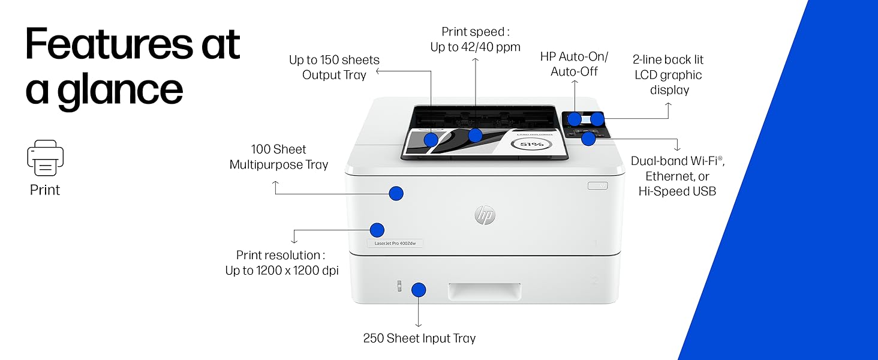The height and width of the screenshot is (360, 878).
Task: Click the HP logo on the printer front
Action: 485,214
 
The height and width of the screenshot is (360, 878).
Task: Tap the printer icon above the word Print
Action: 45,158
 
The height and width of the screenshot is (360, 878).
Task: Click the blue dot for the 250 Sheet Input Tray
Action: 419,290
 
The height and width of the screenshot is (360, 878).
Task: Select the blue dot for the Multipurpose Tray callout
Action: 396,193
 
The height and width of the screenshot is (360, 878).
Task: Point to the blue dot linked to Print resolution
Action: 377,230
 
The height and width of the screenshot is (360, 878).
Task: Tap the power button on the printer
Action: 598,186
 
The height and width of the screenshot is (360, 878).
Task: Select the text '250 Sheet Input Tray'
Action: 419,338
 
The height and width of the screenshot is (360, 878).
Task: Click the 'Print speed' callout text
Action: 475,39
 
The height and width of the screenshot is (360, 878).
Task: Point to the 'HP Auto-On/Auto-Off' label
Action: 574,64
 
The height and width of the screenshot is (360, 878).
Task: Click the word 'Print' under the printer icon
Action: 45,190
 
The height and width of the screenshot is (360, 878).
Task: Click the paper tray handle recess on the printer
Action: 484,292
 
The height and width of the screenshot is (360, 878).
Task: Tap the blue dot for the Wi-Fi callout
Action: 588,139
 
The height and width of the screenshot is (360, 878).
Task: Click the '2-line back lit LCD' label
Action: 667,75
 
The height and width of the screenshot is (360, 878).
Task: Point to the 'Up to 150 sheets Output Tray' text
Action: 334,67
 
